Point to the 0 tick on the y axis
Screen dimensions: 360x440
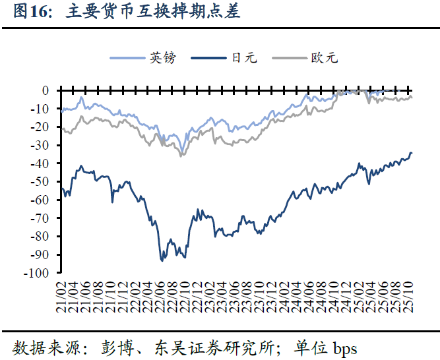46,90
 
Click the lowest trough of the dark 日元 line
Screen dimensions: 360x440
162,260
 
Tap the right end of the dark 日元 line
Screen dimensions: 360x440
412,153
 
